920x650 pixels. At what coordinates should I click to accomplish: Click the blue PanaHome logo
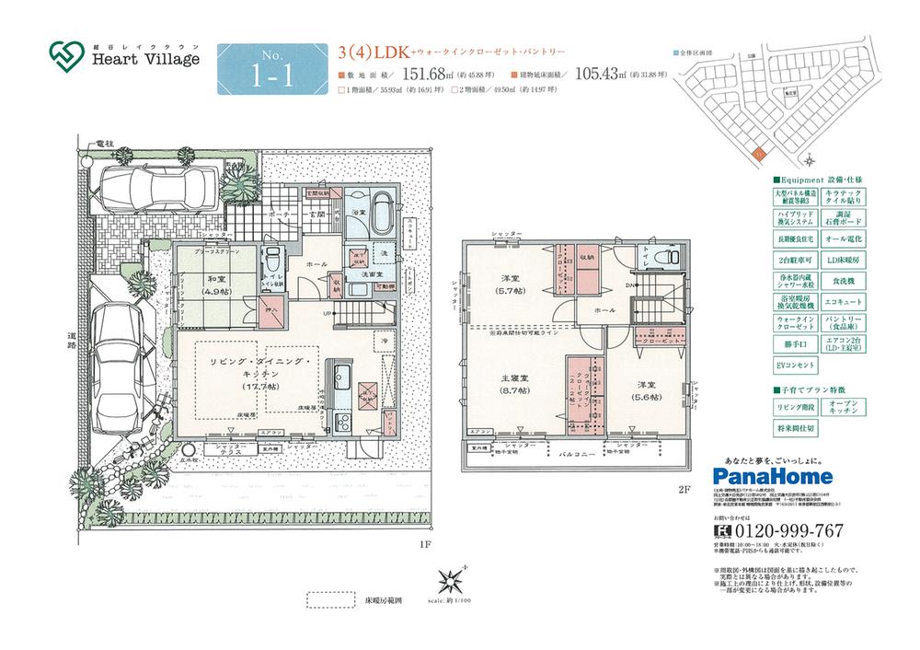point(773,476)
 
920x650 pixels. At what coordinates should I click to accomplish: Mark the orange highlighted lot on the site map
point(755,155)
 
